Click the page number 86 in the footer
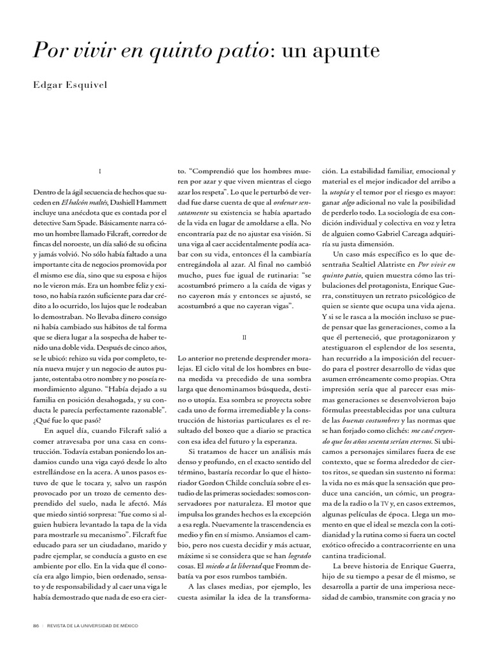click(36, 625)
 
